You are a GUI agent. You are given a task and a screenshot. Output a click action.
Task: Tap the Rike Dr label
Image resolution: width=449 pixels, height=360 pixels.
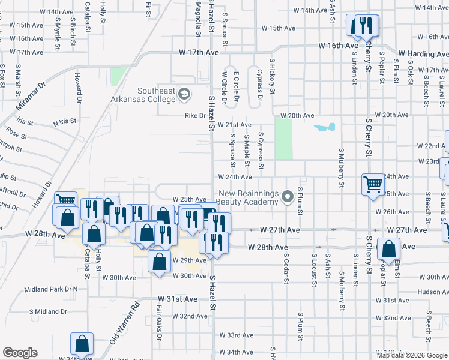click(195, 116)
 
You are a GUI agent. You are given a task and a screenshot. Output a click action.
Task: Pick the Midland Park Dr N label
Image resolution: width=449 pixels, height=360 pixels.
click(51, 289)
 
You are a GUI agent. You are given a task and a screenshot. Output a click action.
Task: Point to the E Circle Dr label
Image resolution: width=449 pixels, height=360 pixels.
click(237, 89)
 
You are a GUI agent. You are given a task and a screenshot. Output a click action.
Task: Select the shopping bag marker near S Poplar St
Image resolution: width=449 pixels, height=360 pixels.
click(388, 248)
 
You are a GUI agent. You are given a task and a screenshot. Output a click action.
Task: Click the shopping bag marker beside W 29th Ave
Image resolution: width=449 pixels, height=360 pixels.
click(158, 262)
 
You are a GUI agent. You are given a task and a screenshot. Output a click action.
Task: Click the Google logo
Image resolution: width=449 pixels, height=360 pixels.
click(20, 353)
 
